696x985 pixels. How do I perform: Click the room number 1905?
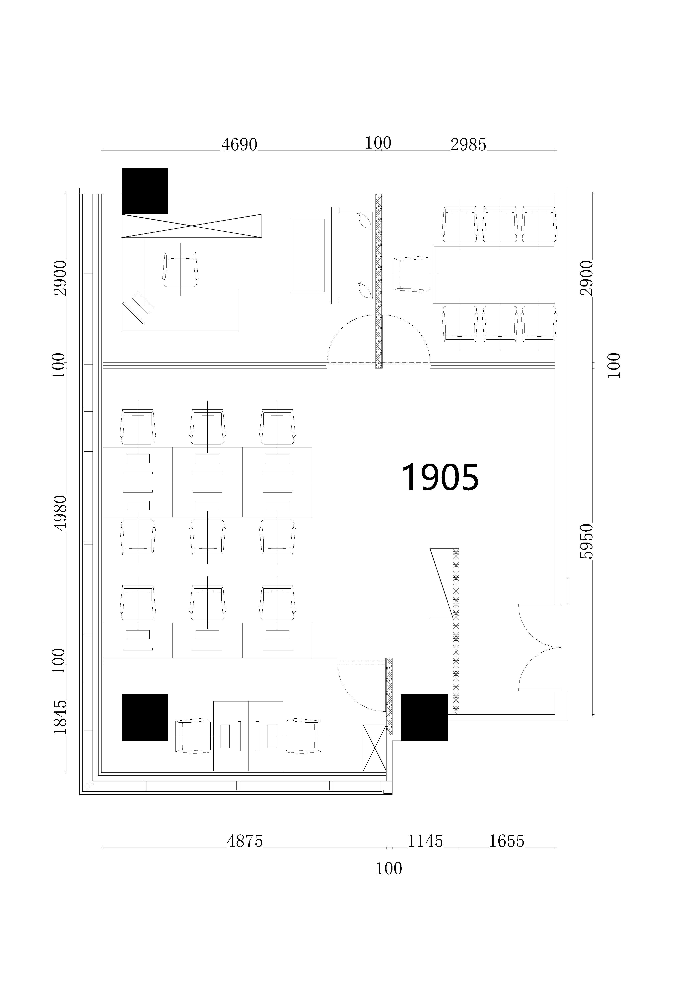click(440, 477)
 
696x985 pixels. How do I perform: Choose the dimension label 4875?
click(244, 841)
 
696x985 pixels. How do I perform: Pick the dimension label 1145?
click(425, 841)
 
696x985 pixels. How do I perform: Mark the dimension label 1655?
click(507, 841)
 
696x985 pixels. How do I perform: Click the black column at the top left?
click(145, 190)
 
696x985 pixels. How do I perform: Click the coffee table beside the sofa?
click(307, 256)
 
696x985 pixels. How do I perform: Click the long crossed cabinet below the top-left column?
click(191, 226)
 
